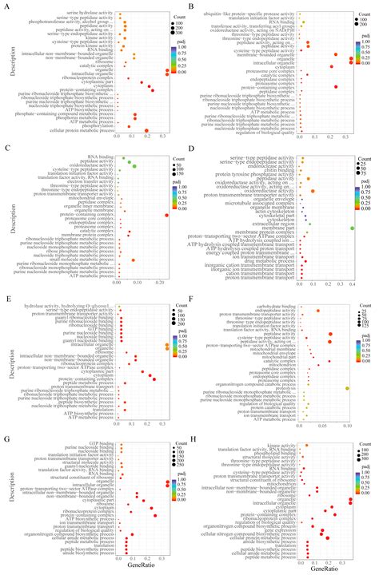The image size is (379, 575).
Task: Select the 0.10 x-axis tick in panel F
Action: pos(348,427)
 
